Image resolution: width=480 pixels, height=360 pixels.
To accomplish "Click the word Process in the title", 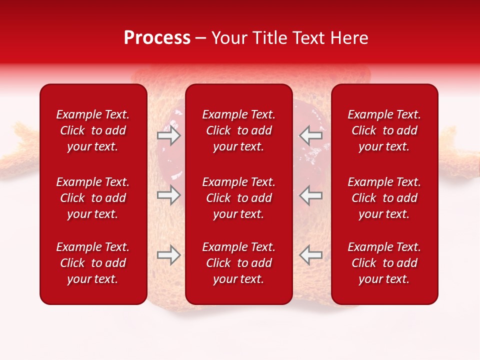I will (157, 38).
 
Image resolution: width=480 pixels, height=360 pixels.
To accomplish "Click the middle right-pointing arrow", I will (168, 195).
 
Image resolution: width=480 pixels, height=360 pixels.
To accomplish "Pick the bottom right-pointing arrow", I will (168, 255).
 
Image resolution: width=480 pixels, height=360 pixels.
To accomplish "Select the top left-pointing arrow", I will (311, 135).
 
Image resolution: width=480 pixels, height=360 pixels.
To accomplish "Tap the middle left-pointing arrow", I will (311, 195).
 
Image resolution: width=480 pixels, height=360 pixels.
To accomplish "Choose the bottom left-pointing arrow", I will (311, 254).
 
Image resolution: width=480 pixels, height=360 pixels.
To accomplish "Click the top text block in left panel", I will (93, 130).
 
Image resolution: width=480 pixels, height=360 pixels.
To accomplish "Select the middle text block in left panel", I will (93, 198).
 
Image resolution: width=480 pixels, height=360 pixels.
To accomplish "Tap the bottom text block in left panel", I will (93, 263).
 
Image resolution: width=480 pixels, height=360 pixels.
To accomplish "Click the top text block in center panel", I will (239, 130).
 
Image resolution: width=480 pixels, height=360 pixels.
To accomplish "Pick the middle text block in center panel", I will (239, 198).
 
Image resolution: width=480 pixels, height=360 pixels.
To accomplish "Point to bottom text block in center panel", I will (239, 263).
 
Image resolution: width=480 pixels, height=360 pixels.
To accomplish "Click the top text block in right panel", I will (384, 130).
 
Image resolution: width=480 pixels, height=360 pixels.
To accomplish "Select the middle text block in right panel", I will (384, 198).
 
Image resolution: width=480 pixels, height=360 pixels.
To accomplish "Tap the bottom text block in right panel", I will (384, 263).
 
